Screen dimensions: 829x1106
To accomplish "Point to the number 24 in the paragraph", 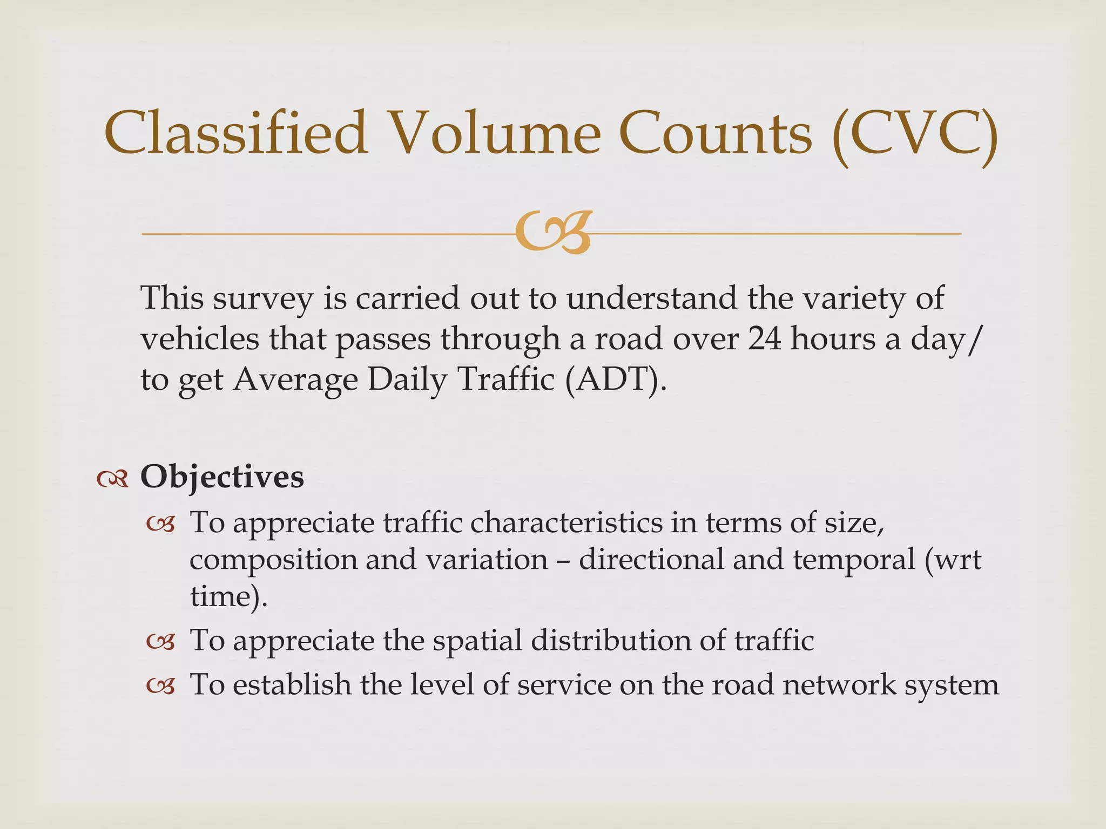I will point(764,339).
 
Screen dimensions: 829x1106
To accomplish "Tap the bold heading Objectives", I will point(222,477).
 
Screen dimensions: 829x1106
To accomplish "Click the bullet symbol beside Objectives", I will point(112,478).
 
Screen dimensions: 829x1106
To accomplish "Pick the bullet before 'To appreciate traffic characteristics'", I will point(161,524).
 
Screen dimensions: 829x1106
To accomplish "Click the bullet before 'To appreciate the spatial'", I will point(161,642).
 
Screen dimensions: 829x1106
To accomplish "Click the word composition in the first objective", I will point(273,560).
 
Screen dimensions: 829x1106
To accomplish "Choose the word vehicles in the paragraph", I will point(200,339).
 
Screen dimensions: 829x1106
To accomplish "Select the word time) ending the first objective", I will point(228,596).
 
